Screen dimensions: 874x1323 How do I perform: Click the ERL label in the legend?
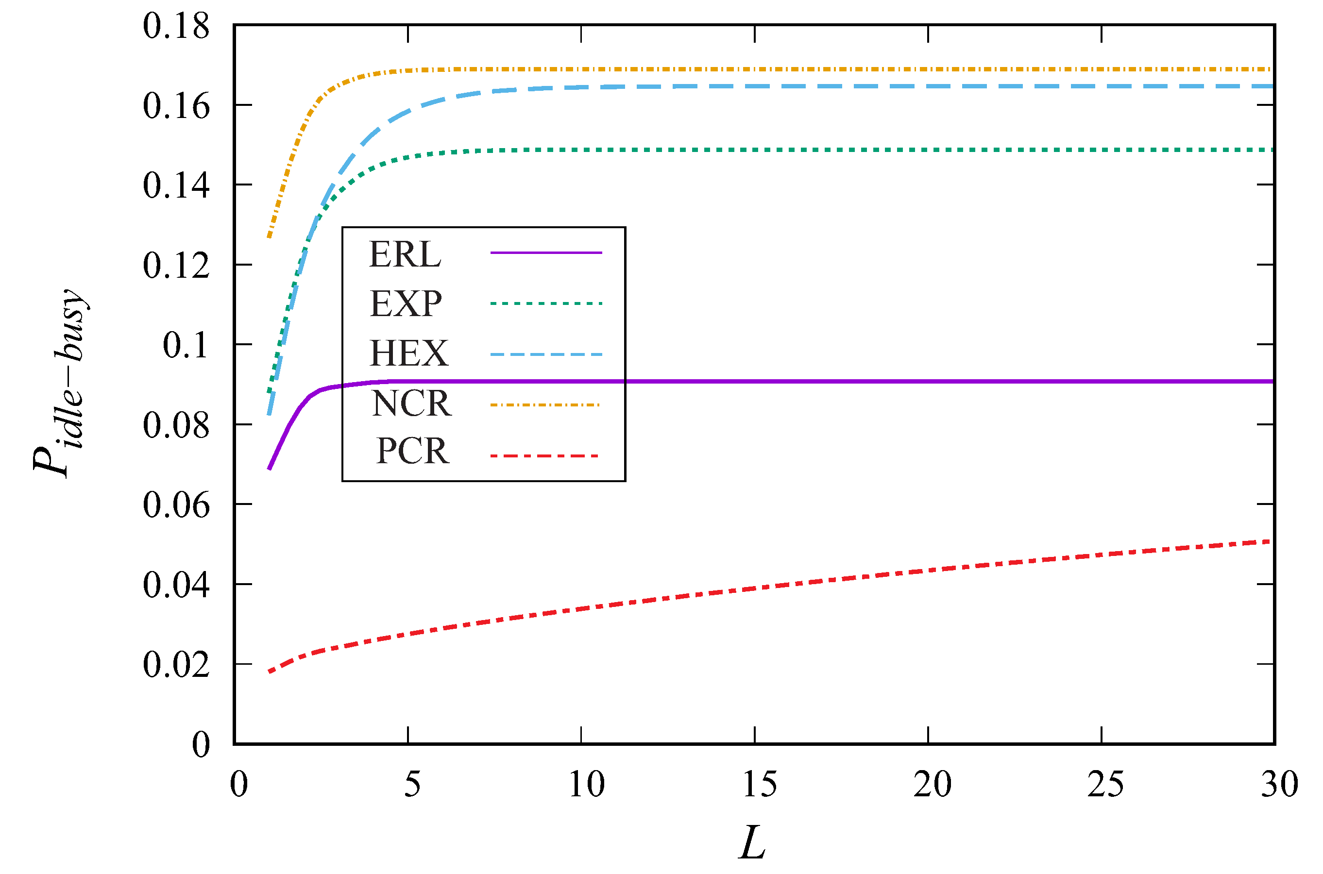pos(406,255)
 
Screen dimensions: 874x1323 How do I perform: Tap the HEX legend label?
pos(408,353)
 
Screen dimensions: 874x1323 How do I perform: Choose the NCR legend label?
pos(411,403)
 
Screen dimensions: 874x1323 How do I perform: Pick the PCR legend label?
pos(412,451)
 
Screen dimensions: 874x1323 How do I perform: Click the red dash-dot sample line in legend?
pos(544,456)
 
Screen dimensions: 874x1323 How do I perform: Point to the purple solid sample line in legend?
pos(546,252)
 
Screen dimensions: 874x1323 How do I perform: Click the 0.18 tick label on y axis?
pos(176,26)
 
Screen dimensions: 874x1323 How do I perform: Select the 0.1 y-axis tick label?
pos(185,345)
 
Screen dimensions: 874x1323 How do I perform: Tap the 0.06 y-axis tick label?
pos(176,505)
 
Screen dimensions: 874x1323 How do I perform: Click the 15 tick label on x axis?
pos(759,784)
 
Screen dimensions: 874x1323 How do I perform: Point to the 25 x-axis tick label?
pos(1105,784)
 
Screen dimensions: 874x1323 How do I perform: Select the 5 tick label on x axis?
pos(412,784)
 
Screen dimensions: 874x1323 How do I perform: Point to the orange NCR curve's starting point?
pos(269,236)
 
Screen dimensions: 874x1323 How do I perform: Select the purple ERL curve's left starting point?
pos(269,469)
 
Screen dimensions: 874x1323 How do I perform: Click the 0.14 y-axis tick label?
pos(176,185)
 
